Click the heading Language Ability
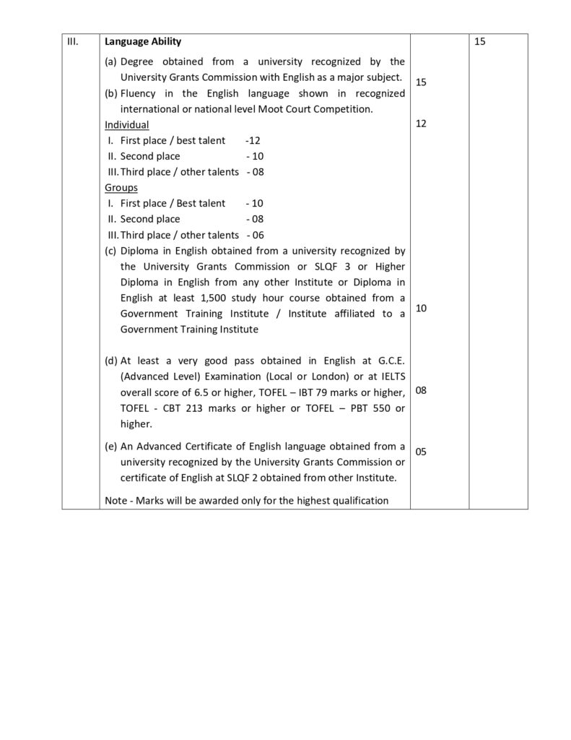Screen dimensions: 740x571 pyautogui.click(x=143, y=42)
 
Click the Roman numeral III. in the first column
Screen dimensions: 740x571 pyautogui.click(x=72, y=42)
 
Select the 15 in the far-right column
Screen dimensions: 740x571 pyautogui.click(x=481, y=42)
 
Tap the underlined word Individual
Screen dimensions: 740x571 pyautogui.click(x=127, y=125)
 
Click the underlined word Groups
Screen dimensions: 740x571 pyautogui.click(x=121, y=187)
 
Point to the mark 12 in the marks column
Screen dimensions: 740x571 pyautogui.click(x=422, y=124)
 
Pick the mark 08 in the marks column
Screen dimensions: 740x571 pyautogui.click(x=422, y=390)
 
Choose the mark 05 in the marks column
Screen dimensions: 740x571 pyautogui.click(x=422, y=452)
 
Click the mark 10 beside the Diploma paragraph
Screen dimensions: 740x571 pyautogui.click(x=422, y=308)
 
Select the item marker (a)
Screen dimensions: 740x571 pyautogui.click(x=111, y=61)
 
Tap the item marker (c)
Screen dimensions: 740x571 pyautogui.click(x=111, y=251)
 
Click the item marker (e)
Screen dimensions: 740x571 pyautogui.click(x=111, y=446)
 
